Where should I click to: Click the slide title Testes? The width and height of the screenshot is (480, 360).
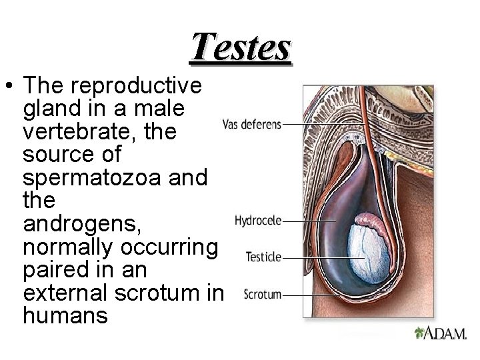click(241, 47)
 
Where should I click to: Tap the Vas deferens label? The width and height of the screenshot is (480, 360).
click(251, 124)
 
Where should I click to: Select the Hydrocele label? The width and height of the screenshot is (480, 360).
click(259, 219)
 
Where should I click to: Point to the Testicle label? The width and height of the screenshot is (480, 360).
click(264, 256)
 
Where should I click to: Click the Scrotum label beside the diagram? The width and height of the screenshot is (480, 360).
click(263, 294)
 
